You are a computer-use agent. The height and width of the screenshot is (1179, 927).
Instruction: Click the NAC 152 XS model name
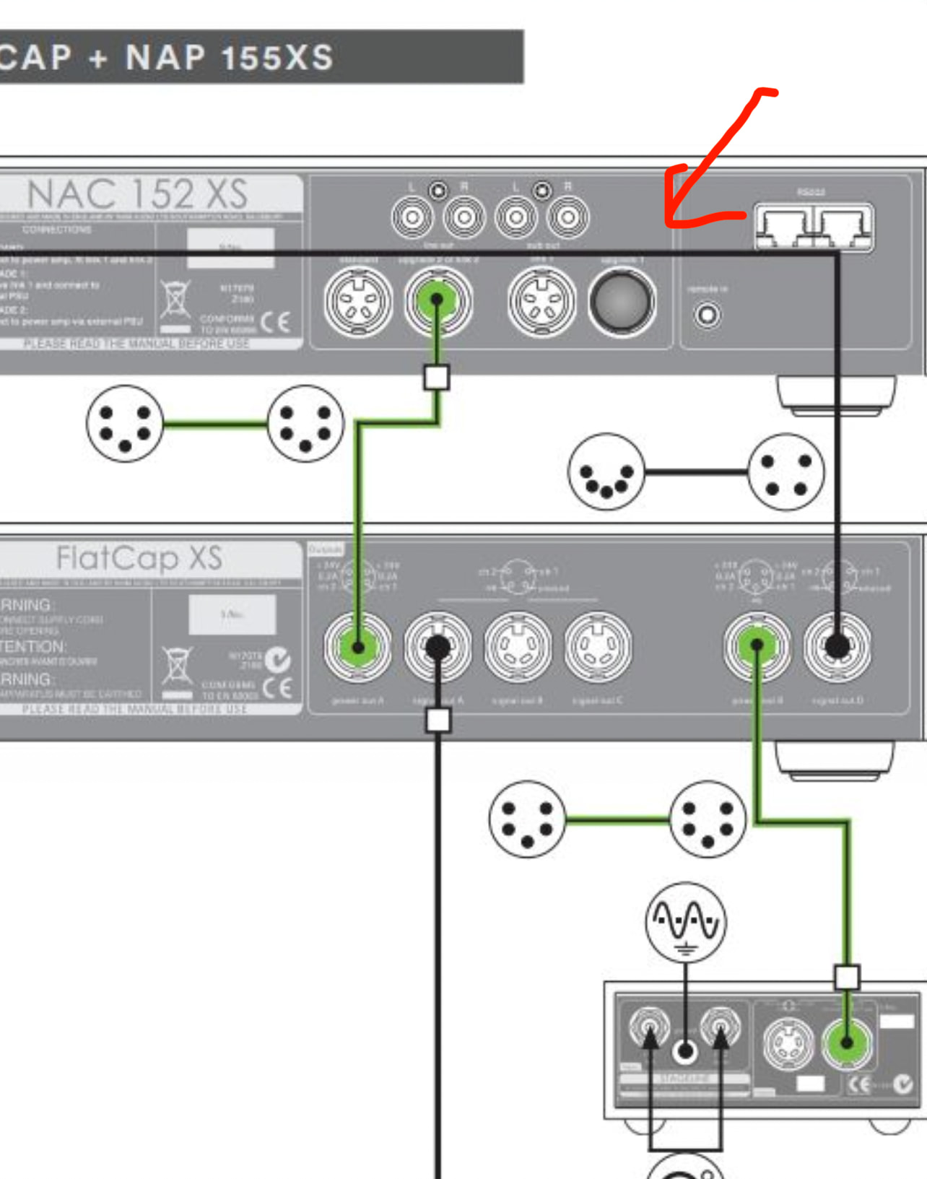pyautogui.click(x=137, y=194)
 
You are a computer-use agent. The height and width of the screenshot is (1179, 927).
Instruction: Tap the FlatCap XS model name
pyautogui.click(x=139, y=558)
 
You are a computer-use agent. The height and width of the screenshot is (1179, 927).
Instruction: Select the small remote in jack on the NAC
pyautogui.click(x=708, y=315)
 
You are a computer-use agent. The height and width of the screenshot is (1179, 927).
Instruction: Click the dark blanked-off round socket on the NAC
pyautogui.click(x=622, y=302)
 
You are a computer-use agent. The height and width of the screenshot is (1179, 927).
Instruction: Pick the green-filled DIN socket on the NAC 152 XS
pyautogui.click(x=437, y=300)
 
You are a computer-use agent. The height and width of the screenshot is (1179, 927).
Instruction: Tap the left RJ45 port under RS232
pyautogui.click(x=784, y=227)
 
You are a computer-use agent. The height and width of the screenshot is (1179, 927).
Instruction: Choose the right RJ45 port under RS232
pyautogui.click(x=843, y=227)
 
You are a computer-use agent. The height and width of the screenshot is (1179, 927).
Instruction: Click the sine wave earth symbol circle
pyautogui.click(x=685, y=922)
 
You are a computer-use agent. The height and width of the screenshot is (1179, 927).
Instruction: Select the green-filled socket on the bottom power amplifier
pyautogui.click(x=847, y=1043)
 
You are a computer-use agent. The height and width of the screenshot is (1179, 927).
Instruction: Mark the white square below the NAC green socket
pyautogui.click(x=436, y=377)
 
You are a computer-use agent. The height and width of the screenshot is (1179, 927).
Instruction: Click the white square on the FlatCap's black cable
pyautogui.click(x=438, y=720)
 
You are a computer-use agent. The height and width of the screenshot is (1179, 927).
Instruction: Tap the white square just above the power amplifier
pyautogui.click(x=847, y=977)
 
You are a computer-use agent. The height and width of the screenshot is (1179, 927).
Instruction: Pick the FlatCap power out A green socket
pyautogui.click(x=358, y=647)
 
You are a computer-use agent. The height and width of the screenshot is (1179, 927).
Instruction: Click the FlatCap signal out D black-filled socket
pyautogui.click(x=837, y=646)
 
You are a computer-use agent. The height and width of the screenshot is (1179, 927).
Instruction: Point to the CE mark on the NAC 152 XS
pyautogui.click(x=275, y=322)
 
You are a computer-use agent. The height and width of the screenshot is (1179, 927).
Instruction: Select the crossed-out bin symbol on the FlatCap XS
pyautogui.click(x=177, y=665)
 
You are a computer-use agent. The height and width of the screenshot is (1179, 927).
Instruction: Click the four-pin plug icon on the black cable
pyautogui.click(x=785, y=472)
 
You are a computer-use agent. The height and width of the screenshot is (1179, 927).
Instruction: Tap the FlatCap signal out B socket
pyautogui.click(x=518, y=647)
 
